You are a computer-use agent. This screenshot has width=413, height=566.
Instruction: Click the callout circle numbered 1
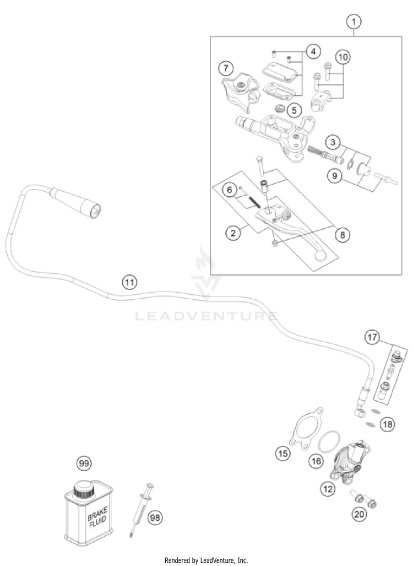[x=354, y=22]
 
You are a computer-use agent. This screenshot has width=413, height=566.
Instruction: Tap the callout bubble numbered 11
[x=129, y=282]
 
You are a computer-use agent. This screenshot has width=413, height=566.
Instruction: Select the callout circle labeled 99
[x=84, y=463]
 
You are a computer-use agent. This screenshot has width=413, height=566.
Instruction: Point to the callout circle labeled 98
[x=155, y=518]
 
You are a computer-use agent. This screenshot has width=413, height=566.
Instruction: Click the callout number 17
[x=372, y=337]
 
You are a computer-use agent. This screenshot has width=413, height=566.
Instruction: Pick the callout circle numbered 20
[x=359, y=514]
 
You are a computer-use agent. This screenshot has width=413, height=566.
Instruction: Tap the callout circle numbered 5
[x=295, y=110]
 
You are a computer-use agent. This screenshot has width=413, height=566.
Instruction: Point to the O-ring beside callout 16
[x=329, y=441]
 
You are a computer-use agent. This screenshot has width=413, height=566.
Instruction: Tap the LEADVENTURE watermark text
[x=206, y=316]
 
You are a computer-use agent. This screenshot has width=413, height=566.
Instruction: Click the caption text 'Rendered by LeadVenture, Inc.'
[x=206, y=560]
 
